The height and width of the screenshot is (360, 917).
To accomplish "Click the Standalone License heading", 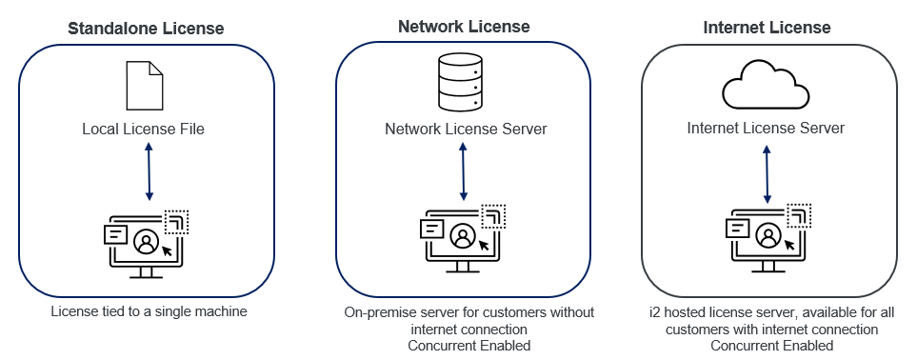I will [x=146, y=29].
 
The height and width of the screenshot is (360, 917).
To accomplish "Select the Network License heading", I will [x=464, y=26].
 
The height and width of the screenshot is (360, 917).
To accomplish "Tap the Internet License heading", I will [x=768, y=26].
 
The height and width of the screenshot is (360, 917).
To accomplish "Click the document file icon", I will [x=146, y=85].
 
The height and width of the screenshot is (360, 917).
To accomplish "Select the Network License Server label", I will [x=466, y=129].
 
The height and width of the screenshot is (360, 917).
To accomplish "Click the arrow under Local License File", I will [x=148, y=170].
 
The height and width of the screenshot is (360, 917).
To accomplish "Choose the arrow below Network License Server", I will [x=463, y=170].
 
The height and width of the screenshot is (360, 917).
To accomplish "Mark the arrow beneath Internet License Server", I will [x=768, y=170].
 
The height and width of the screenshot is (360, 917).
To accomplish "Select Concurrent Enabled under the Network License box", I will [x=465, y=345].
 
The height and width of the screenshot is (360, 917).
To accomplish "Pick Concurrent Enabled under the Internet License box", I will [x=769, y=345].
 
